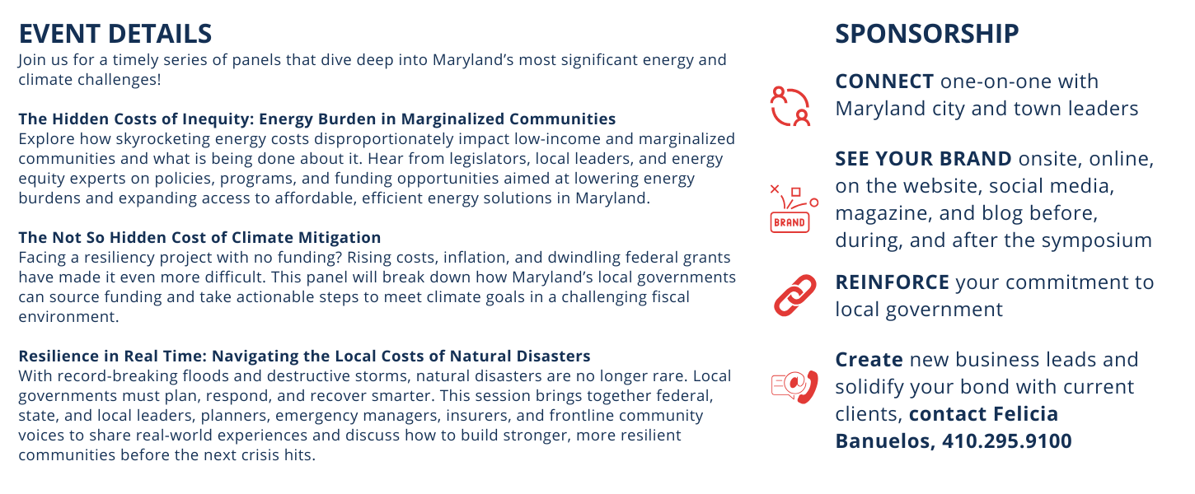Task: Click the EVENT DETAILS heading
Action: (x=115, y=34)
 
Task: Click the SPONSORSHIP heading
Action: (x=927, y=34)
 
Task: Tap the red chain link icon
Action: (x=795, y=296)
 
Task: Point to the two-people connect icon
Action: (x=790, y=106)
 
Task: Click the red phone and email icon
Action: (x=795, y=386)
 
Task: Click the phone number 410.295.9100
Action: (x=1006, y=440)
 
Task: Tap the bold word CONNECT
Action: (x=884, y=81)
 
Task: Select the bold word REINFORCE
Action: (x=893, y=282)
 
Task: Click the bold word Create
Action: (x=869, y=359)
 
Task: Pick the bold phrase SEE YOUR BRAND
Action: (x=924, y=158)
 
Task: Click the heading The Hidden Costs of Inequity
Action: (x=317, y=119)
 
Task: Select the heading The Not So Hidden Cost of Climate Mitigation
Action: (x=200, y=237)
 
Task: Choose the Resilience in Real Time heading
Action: (x=305, y=356)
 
